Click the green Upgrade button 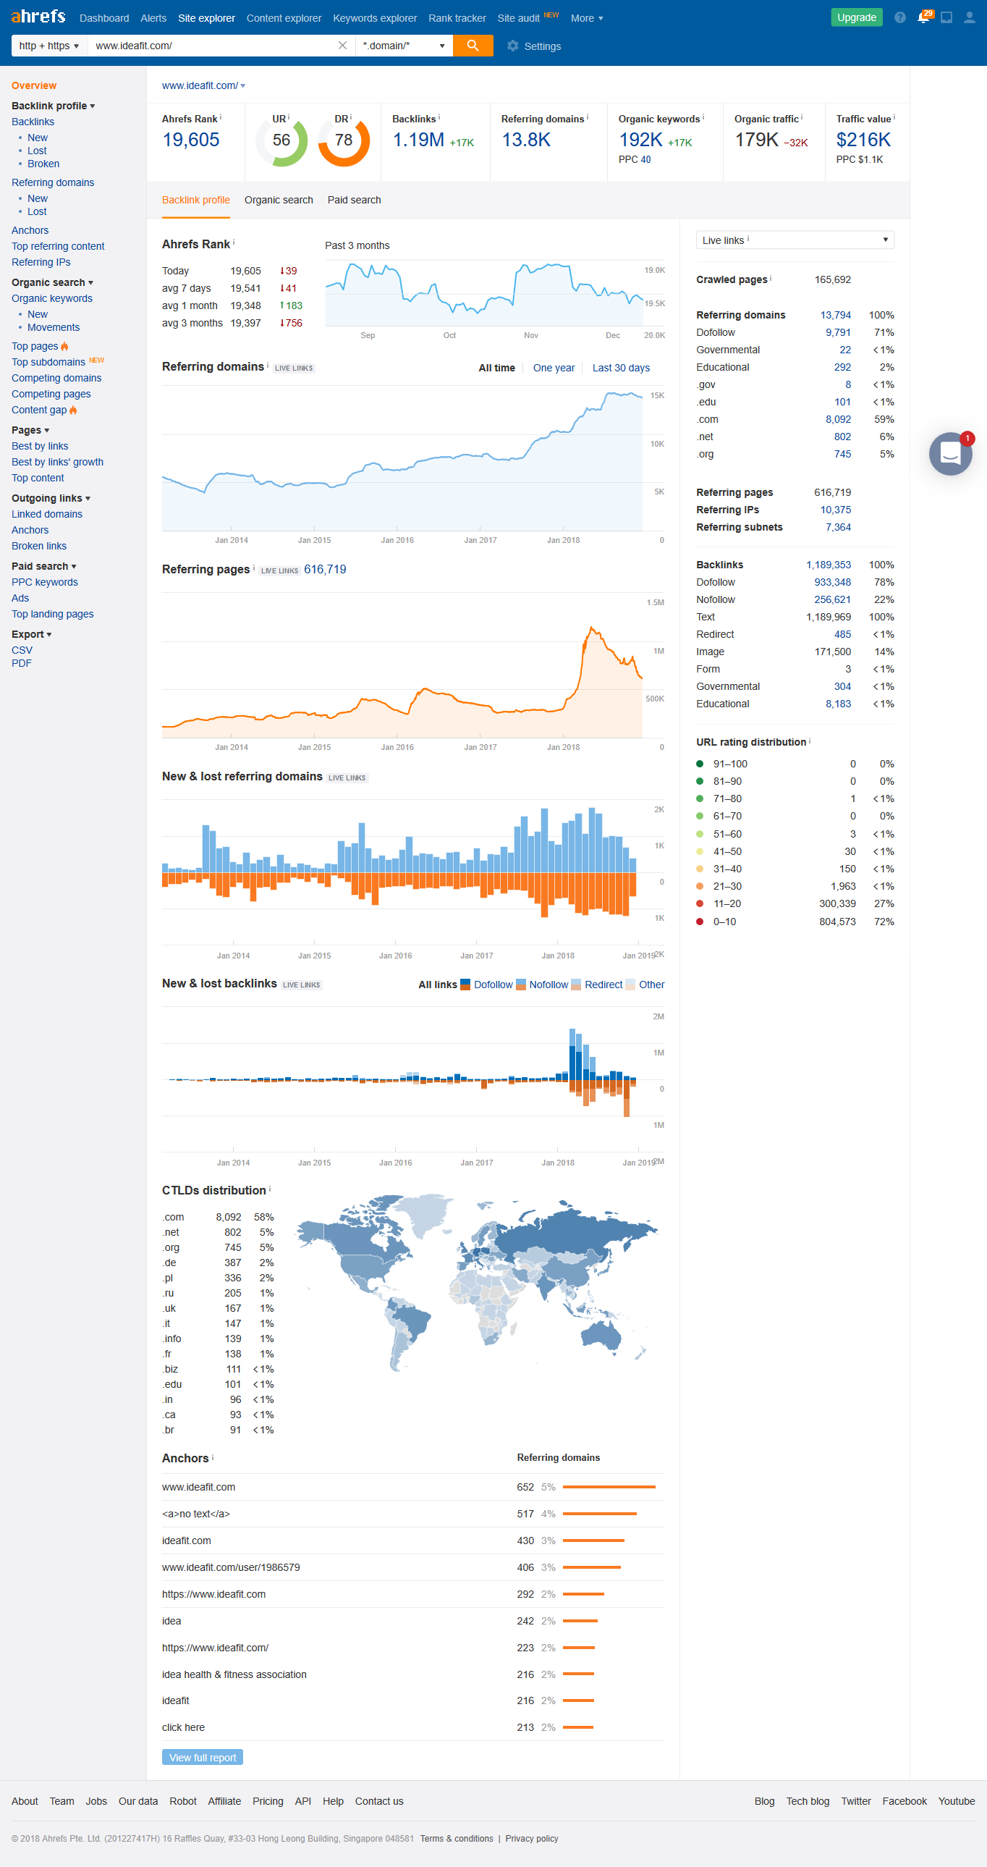tap(856, 17)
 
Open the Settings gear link tap(534, 46)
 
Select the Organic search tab tap(279, 200)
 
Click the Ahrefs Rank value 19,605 tap(190, 140)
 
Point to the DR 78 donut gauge tap(344, 140)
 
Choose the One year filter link tap(554, 368)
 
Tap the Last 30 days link tap(620, 368)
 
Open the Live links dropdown tap(795, 240)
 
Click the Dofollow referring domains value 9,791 tap(838, 333)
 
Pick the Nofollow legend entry tap(548, 985)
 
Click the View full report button tap(202, 1758)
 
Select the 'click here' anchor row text tap(183, 1727)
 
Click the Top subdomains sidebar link tap(48, 363)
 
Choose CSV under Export tap(22, 650)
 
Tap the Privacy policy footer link tap(531, 1839)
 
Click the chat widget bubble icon tap(950, 454)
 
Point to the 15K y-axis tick tap(657, 396)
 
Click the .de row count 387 tap(232, 1263)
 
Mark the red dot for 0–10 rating tap(700, 922)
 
